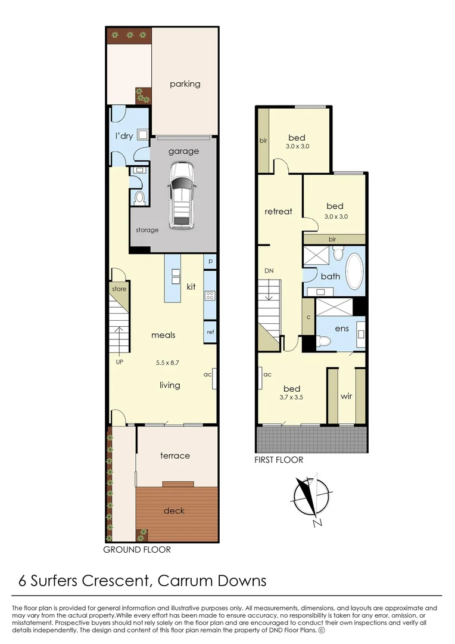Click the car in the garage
(x=181, y=196)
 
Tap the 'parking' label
(x=185, y=84)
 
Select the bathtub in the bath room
(x=355, y=271)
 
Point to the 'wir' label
(x=346, y=397)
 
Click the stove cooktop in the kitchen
(x=210, y=296)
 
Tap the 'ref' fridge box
(x=210, y=332)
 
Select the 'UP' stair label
(x=119, y=363)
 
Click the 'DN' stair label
(x=269, y=271)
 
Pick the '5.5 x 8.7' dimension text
(x=167, y=363)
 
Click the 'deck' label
(x=174, y=510)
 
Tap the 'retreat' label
(x=279, y=212)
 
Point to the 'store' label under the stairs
(x=119, y=289)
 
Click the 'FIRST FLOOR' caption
(x=279, y=460)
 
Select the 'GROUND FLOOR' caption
(x=137, y=550)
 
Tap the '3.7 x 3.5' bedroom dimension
(x=291, y=397)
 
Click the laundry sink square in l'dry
(x=143, y=134)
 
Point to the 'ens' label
(x=342, y=328)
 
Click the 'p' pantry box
(x=210, y=261)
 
